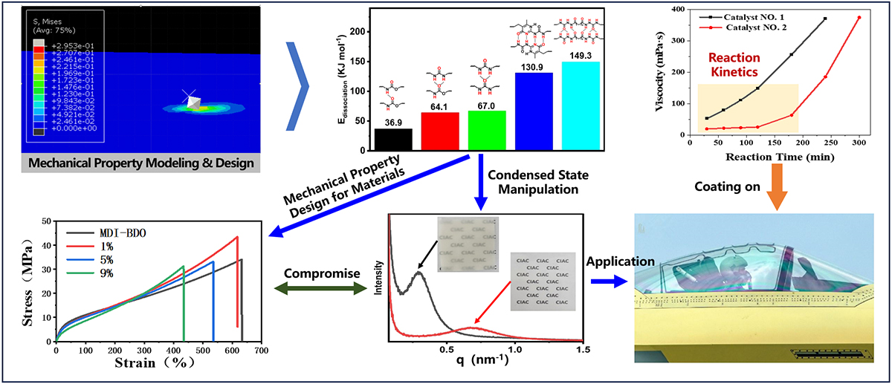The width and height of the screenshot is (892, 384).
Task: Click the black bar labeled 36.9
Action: pyautogui.click(x=394, y=140)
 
